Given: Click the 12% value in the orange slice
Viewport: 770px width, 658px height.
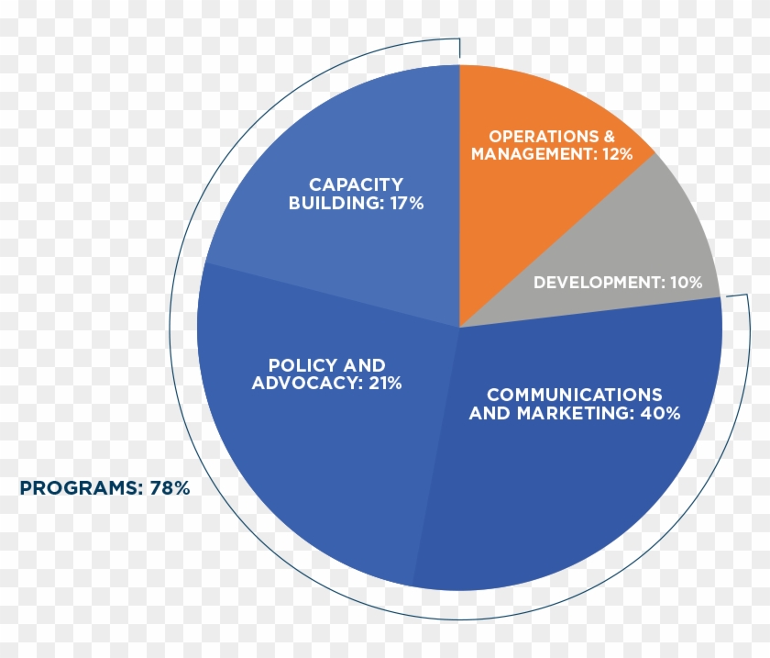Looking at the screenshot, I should coord(617,154).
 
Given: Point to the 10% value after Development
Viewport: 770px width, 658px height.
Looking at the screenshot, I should coord(686,283).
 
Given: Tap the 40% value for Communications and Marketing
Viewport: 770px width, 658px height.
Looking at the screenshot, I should coord(660,413).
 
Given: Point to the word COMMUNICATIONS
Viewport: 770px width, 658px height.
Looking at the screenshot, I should coord(575,395).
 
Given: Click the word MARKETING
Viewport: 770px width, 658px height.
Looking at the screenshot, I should coord(574,413).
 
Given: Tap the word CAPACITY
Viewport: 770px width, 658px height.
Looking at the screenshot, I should coord(356,185).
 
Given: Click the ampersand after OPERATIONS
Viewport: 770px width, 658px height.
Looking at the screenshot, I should coord(610,137).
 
